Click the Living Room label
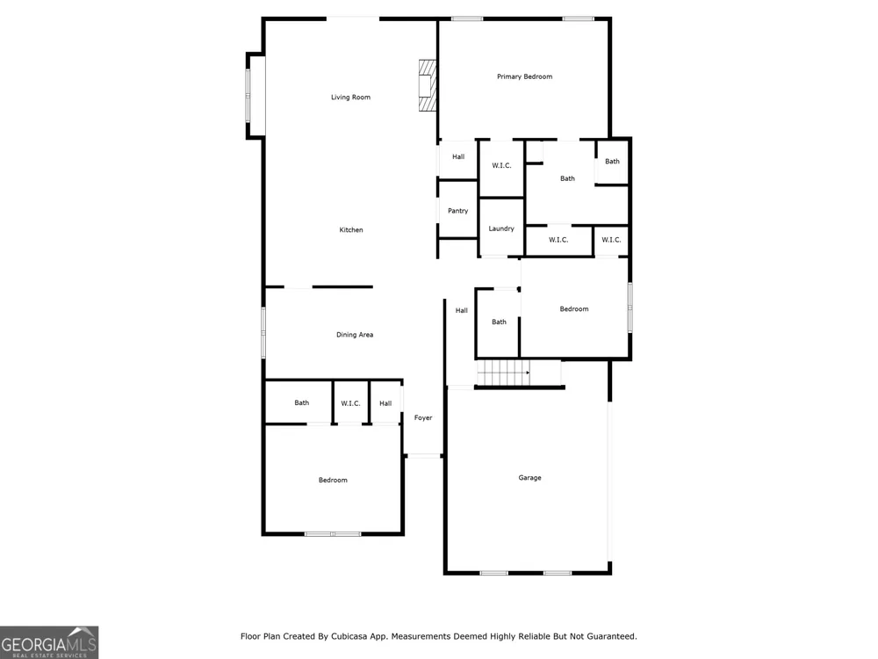[350, 97]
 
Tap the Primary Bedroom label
[525, 76]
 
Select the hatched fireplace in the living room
[428, 85]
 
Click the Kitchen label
[351, 229]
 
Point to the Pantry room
[458, 210]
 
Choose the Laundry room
[501, 228]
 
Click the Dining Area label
[355, 335]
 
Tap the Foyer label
[423, 417]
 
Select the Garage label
[529, 477]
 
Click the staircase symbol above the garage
[503, 373]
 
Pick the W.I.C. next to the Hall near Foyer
[350, 403]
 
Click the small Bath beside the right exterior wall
[612, 162]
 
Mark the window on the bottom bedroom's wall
[333, 534]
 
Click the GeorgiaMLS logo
[49, 642]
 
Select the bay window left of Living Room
[248, 95]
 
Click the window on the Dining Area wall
[263, 332]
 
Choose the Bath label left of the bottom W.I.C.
[302, 402]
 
